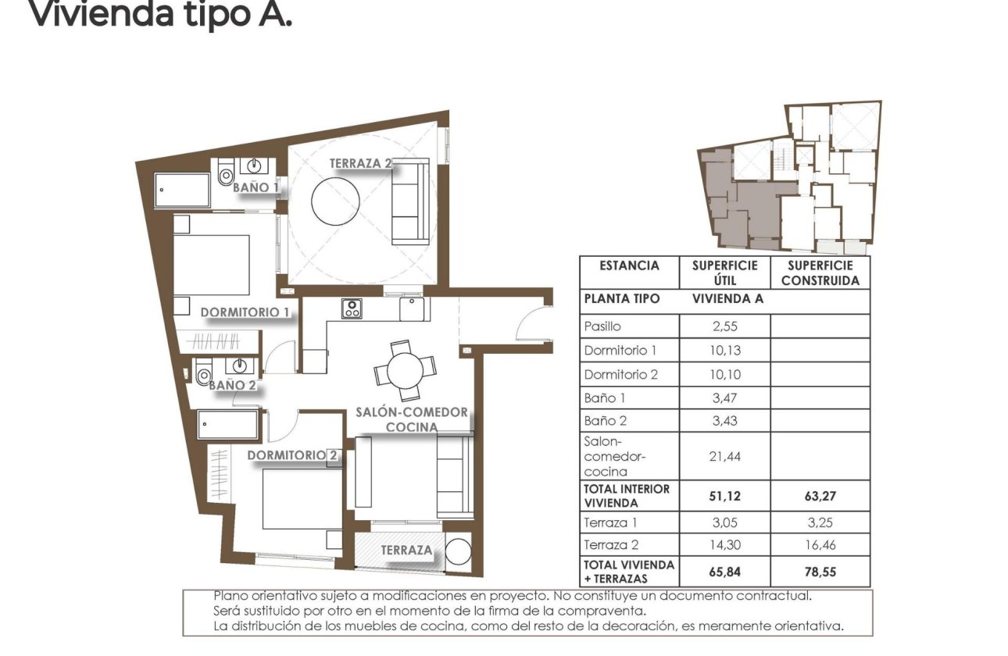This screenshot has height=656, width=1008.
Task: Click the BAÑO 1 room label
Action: pyautogui.click(x=256, y=187)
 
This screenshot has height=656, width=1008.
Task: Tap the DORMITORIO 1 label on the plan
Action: pyautogui.click(x=245, y=312)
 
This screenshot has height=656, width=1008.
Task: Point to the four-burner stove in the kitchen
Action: pyautogui.click(x=352, y=308)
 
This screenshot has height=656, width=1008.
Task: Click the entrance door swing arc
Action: pyautogui.click(x=534, y=323)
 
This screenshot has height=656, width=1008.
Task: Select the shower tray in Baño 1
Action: pyautogui.click(x=182, y=190)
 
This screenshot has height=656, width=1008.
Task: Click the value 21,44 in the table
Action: pyautogui.click(x=724, y=457)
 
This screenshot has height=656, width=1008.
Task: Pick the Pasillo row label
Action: pyautogui.click(x=602, y=327)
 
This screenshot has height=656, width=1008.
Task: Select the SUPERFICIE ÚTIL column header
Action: pyautogui.click(x=724, y=273)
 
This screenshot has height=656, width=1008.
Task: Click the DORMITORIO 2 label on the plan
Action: pyautogui.click(x=293, y=455)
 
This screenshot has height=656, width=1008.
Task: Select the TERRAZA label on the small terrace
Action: pyautogui.click(x=406, y=551)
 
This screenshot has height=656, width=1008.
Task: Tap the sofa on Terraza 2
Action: pyautogui.click(x=410, y=201)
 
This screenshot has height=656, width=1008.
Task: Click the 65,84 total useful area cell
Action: pyautogui.click(x=724, y=572)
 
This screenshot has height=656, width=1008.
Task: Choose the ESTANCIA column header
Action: pyautogui.click(x=629, y=266)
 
